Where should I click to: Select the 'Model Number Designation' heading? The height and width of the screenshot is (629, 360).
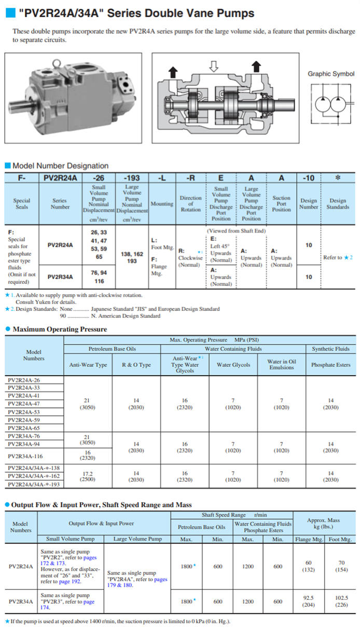coord(60,166)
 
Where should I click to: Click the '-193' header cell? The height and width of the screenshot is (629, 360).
coord(132,178)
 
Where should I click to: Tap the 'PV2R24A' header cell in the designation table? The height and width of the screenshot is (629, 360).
coord(60,178)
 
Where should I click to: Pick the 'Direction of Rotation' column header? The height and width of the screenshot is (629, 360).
coord(190,204)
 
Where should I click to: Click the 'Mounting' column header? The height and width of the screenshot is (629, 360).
coord(162,204)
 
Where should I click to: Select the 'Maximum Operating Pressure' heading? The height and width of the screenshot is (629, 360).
coord(60,329)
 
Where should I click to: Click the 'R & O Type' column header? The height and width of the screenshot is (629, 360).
coord(136,365)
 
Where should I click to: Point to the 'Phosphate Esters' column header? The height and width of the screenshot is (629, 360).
coord(331,365)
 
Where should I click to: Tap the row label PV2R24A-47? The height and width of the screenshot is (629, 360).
coord(23,403)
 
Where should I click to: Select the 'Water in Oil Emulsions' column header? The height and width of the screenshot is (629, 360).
coord(282,364)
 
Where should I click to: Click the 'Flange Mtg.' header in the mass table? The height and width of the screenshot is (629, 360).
coord(310,539)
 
